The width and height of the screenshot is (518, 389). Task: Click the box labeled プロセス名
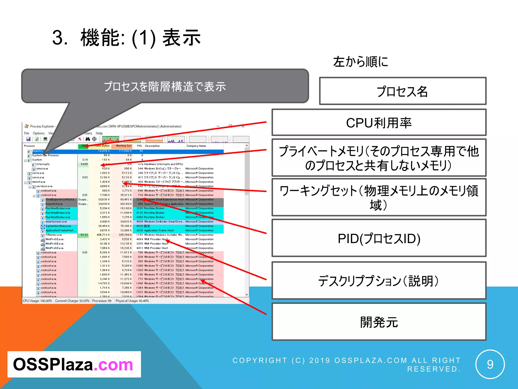coord(402,91)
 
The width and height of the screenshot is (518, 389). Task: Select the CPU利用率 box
coord(379,123)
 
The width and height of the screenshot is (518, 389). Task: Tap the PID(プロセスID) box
coord(379,238)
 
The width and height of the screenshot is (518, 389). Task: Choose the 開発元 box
coord(379,322)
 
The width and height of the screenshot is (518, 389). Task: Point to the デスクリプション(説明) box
coord(379,281)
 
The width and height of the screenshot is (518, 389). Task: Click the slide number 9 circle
coord(490,364)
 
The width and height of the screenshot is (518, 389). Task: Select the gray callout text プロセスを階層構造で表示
coord(165,87)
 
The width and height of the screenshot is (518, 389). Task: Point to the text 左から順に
coord(360,62)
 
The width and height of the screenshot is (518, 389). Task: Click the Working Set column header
coord(124,146)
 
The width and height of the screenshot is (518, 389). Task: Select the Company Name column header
coord(196,146)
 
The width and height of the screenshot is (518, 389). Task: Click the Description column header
coord(152,146)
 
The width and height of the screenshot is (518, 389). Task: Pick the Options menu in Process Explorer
coord(38,133)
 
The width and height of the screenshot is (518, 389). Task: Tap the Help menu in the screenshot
coord(99,133)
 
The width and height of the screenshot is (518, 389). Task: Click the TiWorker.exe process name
coord(54,235)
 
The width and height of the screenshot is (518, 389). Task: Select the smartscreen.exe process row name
coord(56,222)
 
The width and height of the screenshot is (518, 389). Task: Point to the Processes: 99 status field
coord(102,301)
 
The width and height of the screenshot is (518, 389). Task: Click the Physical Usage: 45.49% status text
coord(132,301)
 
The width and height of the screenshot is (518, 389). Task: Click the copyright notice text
coord(347,364)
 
